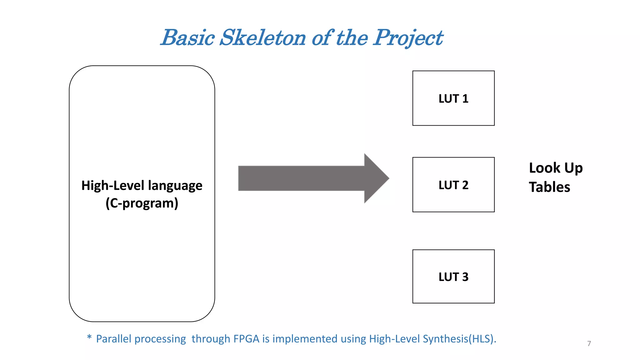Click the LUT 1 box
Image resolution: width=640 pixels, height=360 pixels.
[453, 98]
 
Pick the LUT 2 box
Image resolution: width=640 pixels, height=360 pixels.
[453, 185]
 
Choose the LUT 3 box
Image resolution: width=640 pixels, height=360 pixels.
[453, 277]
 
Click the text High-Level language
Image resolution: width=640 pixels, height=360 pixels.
[142, 186]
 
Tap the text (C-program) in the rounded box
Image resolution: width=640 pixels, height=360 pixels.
[142, 203]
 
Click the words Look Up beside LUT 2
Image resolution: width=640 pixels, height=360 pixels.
[555, 168]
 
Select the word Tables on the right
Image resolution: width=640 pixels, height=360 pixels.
[549, 187]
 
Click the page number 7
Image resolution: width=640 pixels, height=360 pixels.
[589, 343]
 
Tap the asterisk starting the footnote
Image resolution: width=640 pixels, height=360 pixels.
[89, 337]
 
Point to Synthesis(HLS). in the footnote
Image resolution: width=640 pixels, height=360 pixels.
[459, 339]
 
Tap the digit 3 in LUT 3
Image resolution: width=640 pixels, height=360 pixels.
[465, 277]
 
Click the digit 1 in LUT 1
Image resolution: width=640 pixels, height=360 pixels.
[465, 99]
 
